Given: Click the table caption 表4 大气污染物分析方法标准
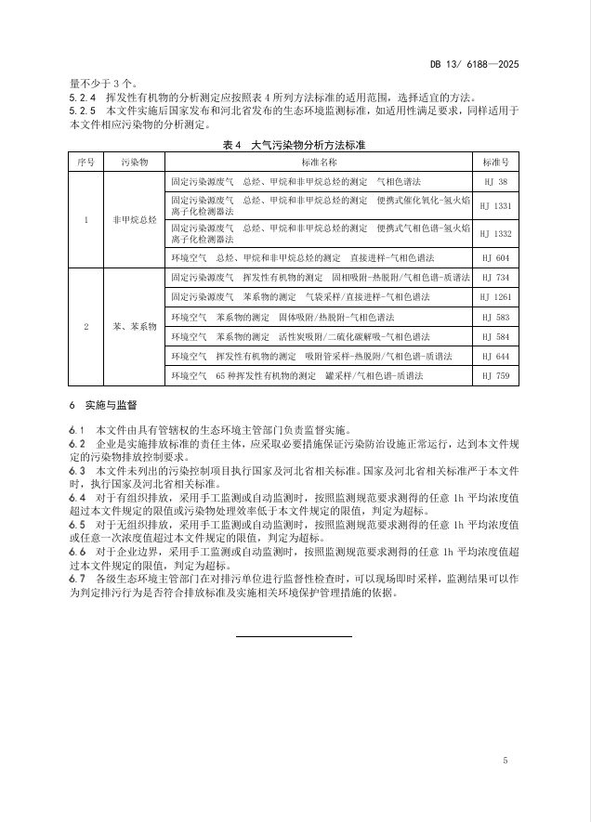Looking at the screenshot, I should (295, 145).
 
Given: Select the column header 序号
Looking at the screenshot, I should (86, 162).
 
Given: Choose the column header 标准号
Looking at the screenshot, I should (495, 162).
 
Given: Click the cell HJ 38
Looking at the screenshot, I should (495, 182).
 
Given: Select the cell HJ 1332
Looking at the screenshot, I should (495, 232).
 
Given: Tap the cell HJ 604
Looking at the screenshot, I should (495, 256).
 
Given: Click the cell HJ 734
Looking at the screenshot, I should (495, 277).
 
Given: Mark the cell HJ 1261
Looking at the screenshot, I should (495, 296).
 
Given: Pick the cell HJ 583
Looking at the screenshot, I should (495, 317).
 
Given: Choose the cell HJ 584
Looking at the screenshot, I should (495, 336).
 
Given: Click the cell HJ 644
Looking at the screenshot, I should (495, 356).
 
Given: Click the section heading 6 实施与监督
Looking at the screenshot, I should (103, 407).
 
